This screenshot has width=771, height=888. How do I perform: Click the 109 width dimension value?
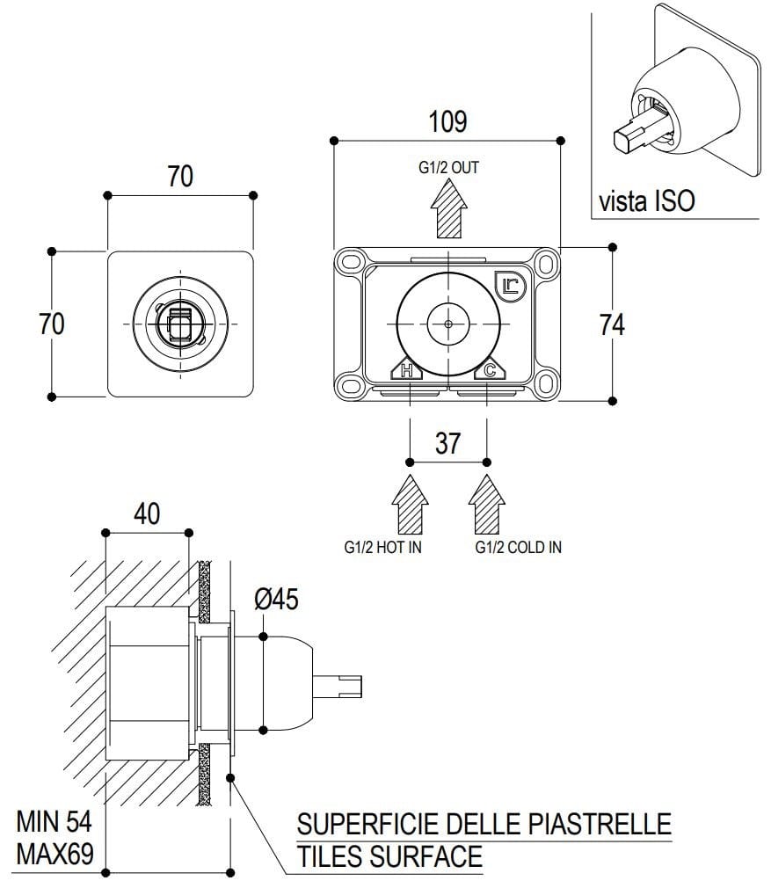tap(447, 121)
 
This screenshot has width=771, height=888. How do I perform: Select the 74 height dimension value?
tap(612, 324)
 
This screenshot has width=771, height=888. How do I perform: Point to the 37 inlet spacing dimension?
tap(447, 443)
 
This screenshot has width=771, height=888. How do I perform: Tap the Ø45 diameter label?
tap(277, 600)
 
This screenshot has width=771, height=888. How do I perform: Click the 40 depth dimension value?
tap(147, 513)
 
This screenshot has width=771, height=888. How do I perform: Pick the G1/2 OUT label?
tap(448, 167)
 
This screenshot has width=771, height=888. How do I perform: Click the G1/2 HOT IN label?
tap(383, 547)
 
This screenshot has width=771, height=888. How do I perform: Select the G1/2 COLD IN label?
tap(518, 547)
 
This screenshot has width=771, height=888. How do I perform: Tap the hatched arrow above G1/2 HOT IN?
tap(411, 503)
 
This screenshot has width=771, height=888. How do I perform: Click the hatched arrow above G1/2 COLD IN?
tap(487, 503)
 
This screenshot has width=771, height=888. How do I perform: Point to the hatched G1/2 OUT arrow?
tap(448, 206)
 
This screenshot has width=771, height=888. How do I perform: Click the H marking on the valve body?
tap(407, 371)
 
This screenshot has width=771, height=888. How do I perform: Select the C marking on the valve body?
tap(490, 371)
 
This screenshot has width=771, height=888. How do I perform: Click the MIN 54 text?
tap(54, 822)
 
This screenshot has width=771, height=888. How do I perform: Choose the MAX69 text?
tap(54, 854)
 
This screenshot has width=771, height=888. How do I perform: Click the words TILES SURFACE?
tap(389, 855)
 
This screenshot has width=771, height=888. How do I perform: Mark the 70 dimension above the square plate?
tap(180, 177)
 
